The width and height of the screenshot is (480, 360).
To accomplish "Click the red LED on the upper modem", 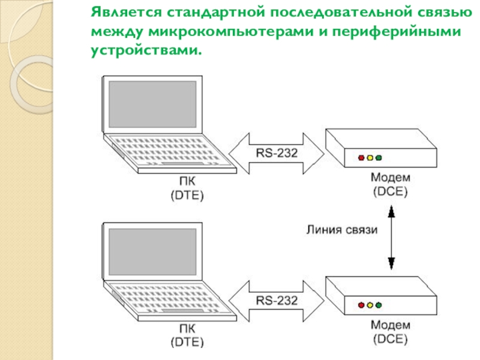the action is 361,158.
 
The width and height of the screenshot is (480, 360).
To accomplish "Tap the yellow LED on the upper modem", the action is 370,158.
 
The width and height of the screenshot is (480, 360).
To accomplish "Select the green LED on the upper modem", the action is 379,158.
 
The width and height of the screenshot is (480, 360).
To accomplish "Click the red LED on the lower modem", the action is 361,305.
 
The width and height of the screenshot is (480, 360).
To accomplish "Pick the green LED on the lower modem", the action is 379,305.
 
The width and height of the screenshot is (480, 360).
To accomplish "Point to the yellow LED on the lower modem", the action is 370,305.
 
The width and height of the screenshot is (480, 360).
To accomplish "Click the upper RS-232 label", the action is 277,153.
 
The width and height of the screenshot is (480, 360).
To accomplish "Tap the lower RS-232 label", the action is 277,301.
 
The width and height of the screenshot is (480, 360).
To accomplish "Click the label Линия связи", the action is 342,230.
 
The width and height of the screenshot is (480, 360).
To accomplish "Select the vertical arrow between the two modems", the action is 391,238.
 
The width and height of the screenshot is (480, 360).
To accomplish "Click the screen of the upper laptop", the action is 152,104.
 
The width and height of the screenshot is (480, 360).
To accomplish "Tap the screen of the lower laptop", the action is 152,251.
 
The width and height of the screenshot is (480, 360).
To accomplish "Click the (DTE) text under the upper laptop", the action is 187,196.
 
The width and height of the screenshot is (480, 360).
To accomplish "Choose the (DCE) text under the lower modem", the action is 391,339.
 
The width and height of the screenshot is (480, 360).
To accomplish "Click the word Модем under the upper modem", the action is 391,177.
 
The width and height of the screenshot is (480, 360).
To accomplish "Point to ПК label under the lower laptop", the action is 187,328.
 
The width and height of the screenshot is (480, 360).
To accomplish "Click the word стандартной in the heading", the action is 216,12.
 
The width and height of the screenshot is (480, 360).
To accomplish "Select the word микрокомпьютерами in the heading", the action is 231,32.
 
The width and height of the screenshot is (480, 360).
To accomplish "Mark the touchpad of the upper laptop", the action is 182,163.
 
